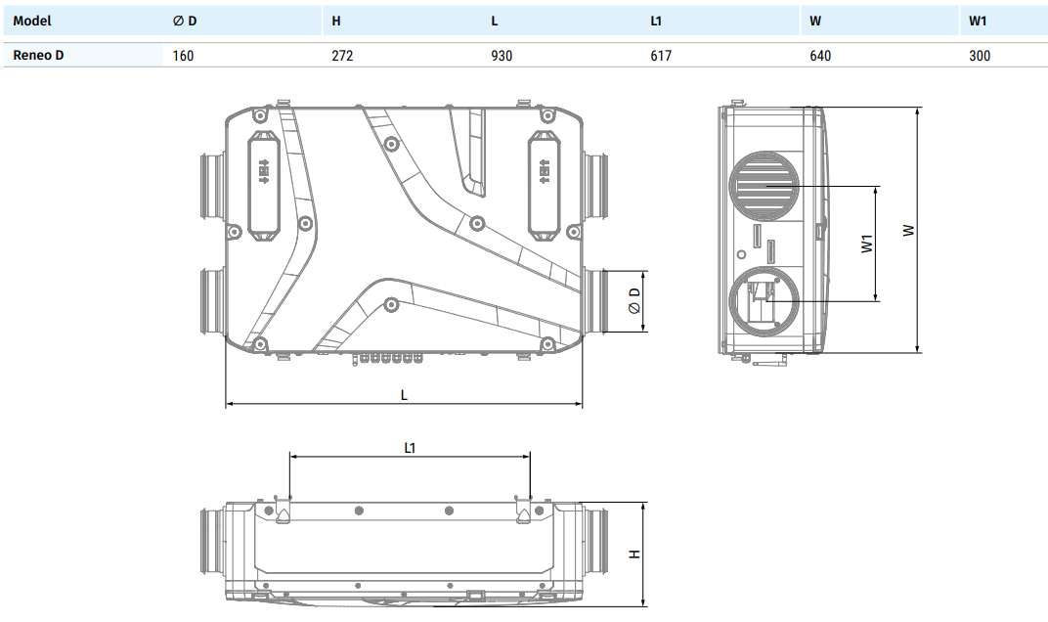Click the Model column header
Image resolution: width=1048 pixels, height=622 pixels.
(32, 21)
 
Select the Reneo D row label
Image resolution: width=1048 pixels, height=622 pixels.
(39, 56)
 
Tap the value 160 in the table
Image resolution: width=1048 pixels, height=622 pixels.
(183, 56)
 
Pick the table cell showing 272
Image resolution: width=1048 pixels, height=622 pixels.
(342, 56)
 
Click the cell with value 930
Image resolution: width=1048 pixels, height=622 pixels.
(502, 56)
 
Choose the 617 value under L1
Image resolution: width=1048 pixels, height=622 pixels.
(661, 56)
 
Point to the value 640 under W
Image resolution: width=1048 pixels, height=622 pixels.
(820, 56)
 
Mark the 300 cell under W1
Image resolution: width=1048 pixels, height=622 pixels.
(980, 56)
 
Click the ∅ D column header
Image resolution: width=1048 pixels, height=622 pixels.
(185, 21)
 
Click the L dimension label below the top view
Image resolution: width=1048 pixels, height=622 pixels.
(404, 394)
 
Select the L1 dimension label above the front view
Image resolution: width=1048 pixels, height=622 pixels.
(411, 447)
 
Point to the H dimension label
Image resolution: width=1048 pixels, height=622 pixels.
(634, 555)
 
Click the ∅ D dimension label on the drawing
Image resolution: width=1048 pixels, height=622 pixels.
(634, 301)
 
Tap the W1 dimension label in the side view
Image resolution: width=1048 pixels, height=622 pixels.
(866, 244)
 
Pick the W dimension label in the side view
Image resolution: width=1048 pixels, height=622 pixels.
(908, 231)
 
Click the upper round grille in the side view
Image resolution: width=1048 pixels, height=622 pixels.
(764, 187)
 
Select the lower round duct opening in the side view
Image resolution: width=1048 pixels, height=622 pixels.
(762, 302)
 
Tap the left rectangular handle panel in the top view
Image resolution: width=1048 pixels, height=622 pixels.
(263, 184)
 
